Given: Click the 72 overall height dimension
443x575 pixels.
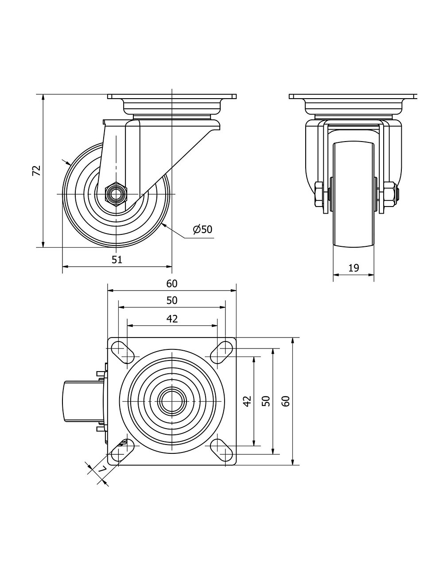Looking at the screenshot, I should pyautogui.click(x=37, y=171).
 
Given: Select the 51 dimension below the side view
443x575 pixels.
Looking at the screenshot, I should pyautogui.click(x=117, y=260).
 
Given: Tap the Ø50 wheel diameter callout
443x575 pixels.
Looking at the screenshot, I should pyautogui.click(x=203, y=229).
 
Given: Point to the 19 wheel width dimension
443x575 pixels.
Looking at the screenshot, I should pyautogui.click(x=354, y=268).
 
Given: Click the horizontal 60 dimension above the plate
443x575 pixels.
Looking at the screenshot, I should pyautogui.click(x=172, y=284).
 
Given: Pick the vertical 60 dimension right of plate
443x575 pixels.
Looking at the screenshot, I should pyautogui.click(x=286, y=401).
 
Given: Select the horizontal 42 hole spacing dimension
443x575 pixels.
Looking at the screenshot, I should pyautogui.click(x=172, y=318).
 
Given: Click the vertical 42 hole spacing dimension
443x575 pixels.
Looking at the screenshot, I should pyautogui.click(x=247, y=401).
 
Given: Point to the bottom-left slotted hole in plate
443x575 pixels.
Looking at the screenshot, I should pyautogui.click(x=123, y=452).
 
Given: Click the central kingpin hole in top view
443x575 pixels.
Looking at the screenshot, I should pyautogui.click(x=171, y=401).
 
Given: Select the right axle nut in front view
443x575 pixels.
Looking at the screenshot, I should pyautogui.click(x=389, y=195).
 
